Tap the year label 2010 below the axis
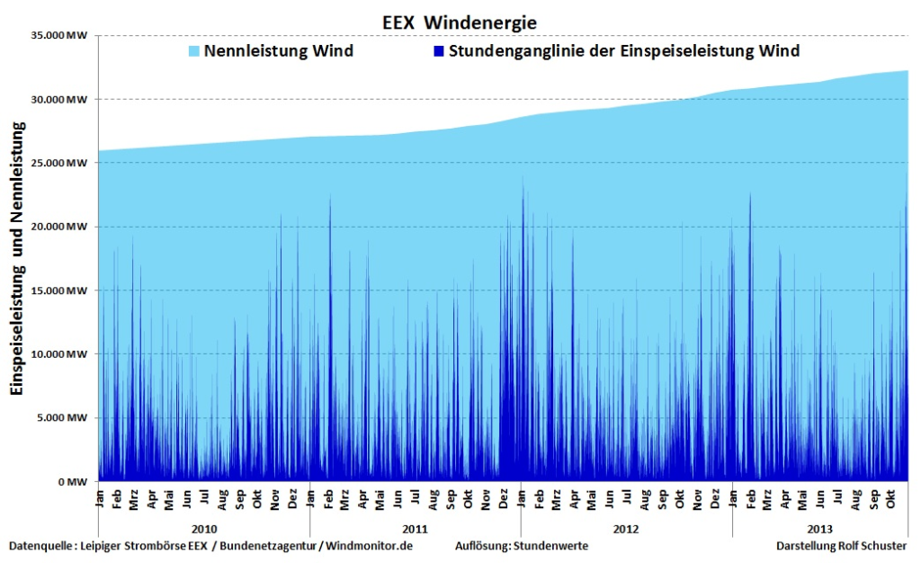(203, 529)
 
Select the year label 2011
(415, 529)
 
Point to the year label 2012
(626, 529)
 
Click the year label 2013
(819, 529)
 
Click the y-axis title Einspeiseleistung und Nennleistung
(17, 257)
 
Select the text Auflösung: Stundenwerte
(522, 546)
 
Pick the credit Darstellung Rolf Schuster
(841, 546)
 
